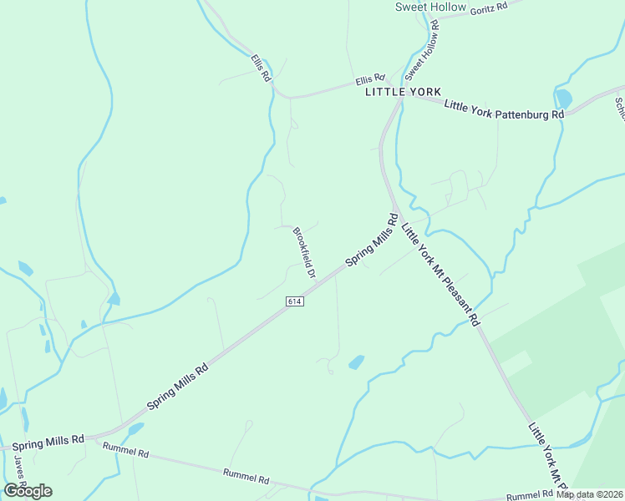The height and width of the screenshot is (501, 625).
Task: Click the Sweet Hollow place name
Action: pyautogui.click(x=430, y=7)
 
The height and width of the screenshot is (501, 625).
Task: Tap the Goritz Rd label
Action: pyautogui.click(x=489, y=8)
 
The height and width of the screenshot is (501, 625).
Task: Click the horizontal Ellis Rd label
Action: pyautogui.click(x=369, y=80)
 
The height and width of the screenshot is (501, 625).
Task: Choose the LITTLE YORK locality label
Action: pyautogui.click(x=403, y=92)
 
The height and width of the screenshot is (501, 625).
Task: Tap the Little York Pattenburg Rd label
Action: pyautogui.click(x=505, y=109)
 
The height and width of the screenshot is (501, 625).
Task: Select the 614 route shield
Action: pyautogui.click(x=294, y=301)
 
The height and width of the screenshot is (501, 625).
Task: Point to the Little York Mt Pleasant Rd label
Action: pyautogui.click(x=440, y=272)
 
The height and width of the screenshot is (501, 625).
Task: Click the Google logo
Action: pyautogui.click(x=28, y=490)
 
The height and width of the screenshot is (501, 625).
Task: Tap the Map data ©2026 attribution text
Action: pyautogui.click(x=589, y=494)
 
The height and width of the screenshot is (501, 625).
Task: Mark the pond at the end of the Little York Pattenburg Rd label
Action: pyautogui.click(x=563, y=99)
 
